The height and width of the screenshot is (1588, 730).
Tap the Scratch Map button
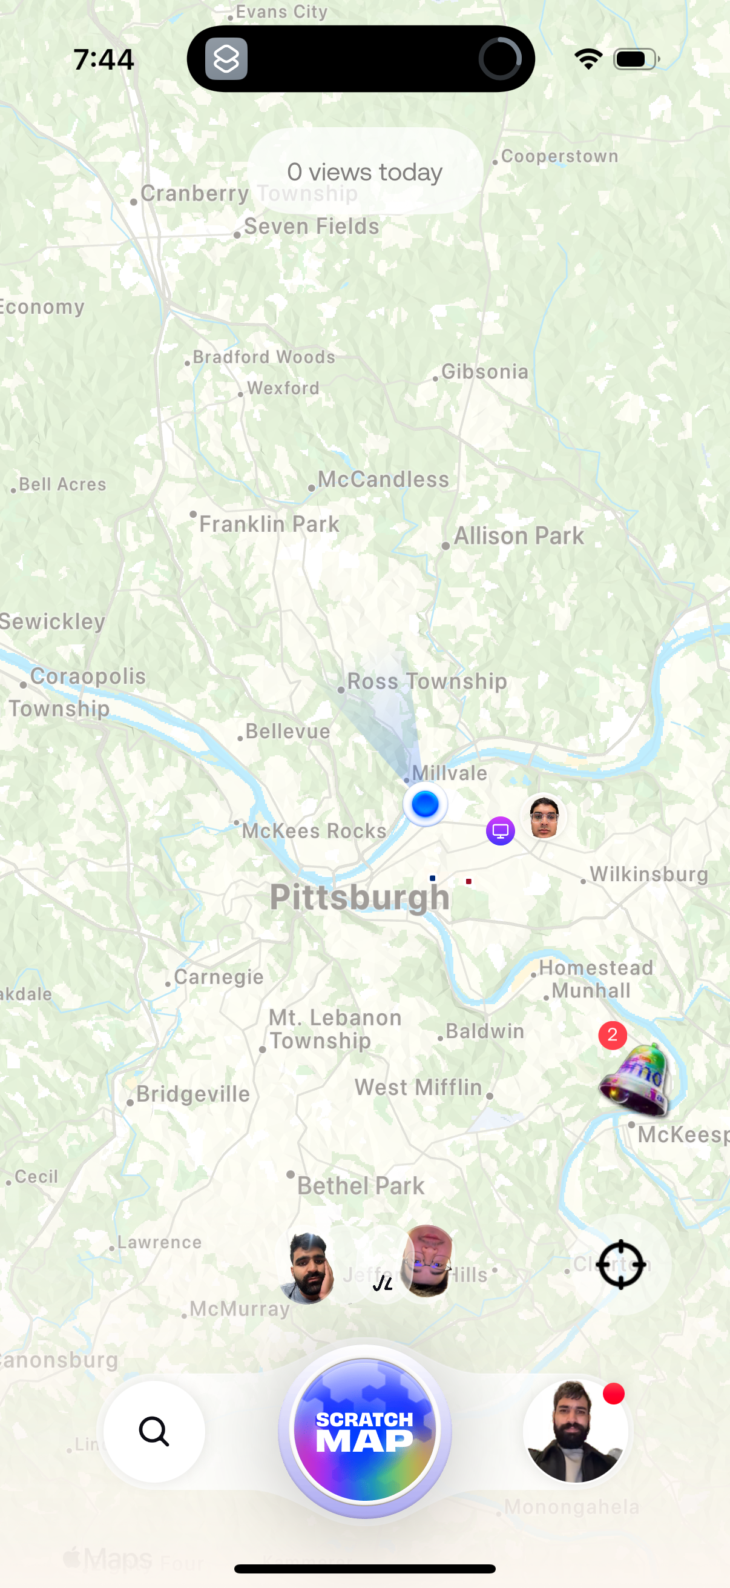tap(364, 1429)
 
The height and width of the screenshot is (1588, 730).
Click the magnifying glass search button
tap(154, 1431)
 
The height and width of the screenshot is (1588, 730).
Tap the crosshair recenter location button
tap(621, 1265)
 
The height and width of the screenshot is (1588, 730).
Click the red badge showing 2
tap(613, 1035)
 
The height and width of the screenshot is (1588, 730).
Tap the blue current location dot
tap(425, 804)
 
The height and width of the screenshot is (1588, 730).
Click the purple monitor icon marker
tap(500, 831)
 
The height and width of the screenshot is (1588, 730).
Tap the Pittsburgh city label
tap(360, 897)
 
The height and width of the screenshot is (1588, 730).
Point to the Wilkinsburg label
tap(649, 874)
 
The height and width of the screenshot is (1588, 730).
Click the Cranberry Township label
tap(249, 194)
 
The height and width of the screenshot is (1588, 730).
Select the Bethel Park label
tap(360, 1185)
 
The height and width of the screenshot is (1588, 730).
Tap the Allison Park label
tap(519, 536)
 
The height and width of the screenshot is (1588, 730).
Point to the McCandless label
tap(383, 480)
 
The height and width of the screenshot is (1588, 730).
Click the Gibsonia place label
tap(485, 372)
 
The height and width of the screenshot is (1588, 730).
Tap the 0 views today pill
tap(364, 171)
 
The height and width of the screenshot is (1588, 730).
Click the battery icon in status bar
tap(636, 59)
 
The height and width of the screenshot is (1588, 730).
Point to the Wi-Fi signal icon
tap(588, 59)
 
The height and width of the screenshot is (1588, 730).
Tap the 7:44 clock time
tap(104, 60)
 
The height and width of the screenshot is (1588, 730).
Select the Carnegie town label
tap(218, 976)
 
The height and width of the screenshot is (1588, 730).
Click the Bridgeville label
tap(193, 1094)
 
